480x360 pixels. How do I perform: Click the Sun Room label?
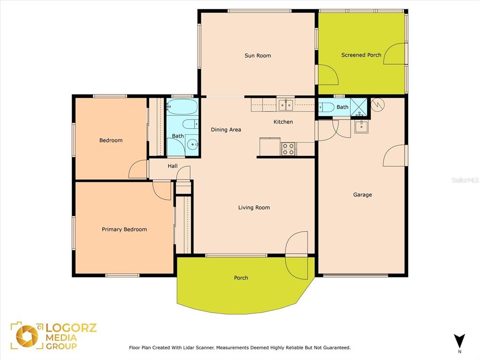257,56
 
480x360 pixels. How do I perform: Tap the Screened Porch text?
361,55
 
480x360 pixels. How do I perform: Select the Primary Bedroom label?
124,230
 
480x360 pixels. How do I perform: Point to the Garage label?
362,195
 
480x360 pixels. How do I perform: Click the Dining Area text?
226,130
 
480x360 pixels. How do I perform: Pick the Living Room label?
254,208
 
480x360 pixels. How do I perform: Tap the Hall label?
172,166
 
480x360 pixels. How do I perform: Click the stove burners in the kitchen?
288,149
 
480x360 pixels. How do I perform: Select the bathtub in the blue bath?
182,107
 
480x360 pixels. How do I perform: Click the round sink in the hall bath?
192,144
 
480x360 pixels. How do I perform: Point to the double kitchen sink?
285,105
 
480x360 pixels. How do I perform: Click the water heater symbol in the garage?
377,105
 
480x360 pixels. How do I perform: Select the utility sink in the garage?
361,126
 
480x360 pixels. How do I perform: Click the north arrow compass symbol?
460,341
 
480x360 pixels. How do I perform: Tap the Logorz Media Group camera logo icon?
27,336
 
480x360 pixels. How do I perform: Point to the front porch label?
241,278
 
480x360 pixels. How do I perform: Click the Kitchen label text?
283,122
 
